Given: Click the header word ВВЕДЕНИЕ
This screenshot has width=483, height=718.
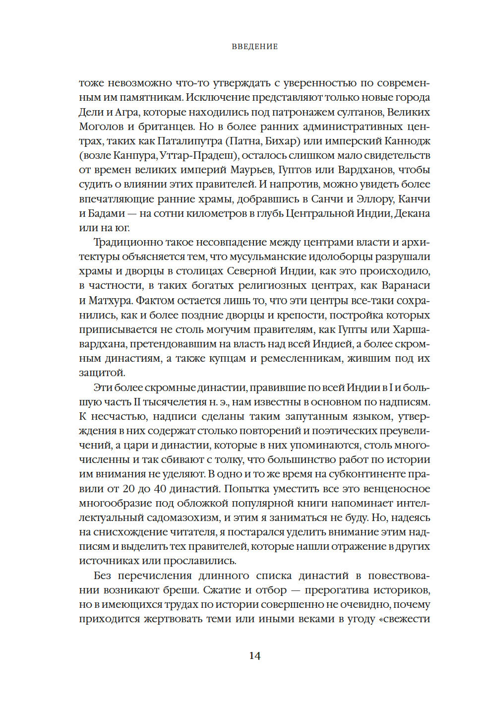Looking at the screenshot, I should (254, 47).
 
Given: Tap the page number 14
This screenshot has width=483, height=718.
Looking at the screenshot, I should (254, 655).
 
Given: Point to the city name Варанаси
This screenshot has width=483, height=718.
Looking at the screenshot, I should (406, 286).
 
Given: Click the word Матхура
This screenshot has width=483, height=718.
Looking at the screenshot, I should (110, 300).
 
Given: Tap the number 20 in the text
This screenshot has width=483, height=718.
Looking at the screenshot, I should (128, 489).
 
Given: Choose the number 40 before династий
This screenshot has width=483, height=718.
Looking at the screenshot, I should (160, 489).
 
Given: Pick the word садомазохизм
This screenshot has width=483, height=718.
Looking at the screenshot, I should (182, 518).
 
